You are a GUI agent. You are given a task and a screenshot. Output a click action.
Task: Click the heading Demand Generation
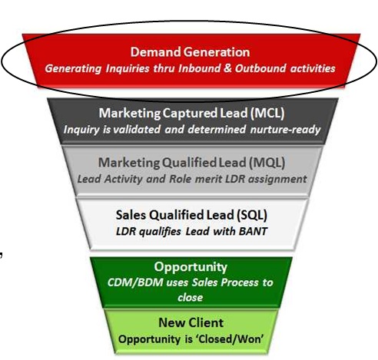pos(190,52)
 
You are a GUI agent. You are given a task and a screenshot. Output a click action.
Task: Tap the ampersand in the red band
pos(227,68)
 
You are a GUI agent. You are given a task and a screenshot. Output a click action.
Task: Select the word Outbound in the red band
pos(260,68)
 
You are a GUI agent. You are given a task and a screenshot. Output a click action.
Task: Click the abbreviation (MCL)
pos(267,113)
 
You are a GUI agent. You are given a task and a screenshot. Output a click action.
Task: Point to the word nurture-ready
pos(285,129)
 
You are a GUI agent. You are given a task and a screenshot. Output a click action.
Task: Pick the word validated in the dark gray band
pos(137,129)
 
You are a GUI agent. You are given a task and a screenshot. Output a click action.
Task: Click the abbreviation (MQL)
pos(267,163)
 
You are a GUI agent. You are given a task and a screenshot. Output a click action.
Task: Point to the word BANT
pos(253,231)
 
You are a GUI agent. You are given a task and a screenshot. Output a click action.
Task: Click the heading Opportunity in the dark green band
pos(191,267)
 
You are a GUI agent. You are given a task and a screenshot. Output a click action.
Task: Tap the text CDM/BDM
pos(135,282)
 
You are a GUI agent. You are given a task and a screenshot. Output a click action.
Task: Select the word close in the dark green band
pos(191,298)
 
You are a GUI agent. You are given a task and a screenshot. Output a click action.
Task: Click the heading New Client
pos(191,322)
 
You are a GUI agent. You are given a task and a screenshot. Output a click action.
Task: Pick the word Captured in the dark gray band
pos(190,113)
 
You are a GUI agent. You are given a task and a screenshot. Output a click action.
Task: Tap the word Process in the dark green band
pos(240,282)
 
